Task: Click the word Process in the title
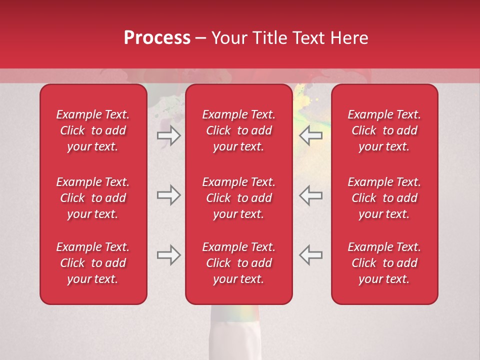(x=157, y=38)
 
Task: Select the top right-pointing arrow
(x=168, y=135)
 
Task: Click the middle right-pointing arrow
(x=168, y=195)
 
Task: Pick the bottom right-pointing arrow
(x=168, y=255)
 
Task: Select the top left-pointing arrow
(x=310, y=135)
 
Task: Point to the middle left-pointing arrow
(x=310, y=195)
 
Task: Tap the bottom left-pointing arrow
(x=310, y=255)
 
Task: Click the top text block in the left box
(x=93, y=130)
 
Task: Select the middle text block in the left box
(x=93, y=198)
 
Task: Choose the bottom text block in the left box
(x=93, y=263)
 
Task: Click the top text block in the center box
(x=238, y=130)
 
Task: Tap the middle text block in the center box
(x=238, y=198)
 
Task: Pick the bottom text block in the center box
(x=238, y=263)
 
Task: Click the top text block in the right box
(x=384, y=130)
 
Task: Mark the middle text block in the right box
(x=384, y=198)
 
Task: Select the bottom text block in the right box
(x=384, y=263)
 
